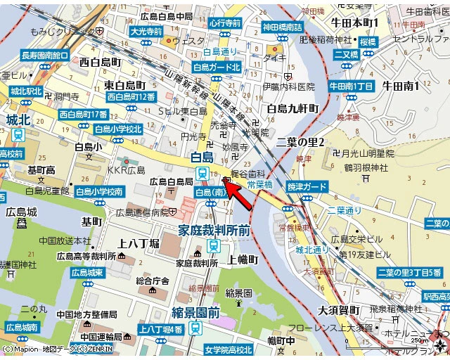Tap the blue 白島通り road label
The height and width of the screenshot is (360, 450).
(x=221, y=52)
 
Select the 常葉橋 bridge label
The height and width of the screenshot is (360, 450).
(x=260, y=184)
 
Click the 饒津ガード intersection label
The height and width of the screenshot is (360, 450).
(x=307, y=186)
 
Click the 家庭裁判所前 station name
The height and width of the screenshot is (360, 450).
(x=214, y=230)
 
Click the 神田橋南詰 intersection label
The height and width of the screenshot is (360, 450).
(x=283, y=27)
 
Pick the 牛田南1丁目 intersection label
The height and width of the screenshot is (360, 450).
(x=352, y=86)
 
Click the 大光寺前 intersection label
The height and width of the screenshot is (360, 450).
(x=146, y=32)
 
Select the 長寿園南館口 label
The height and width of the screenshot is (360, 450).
(x=45, y=55)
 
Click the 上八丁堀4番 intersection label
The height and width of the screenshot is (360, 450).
(x=161, y=329)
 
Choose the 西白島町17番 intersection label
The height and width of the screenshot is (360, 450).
(x=83, y=114)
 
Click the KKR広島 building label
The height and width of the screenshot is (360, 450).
(x=126, y=170)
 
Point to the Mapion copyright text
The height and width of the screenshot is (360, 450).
(x=56, y=349)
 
